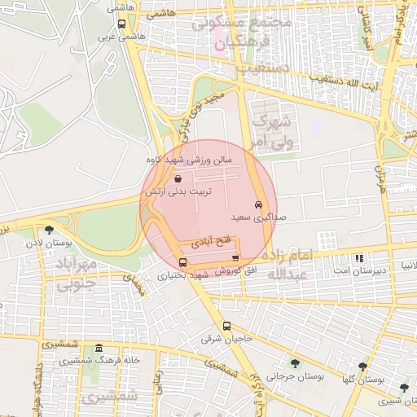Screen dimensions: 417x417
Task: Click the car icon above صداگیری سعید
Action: [258, 205]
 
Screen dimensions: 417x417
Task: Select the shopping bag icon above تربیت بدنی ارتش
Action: [178, 178]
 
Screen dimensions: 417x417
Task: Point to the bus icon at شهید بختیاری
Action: [182, 262]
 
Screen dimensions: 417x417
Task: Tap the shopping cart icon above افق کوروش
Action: [236, 258]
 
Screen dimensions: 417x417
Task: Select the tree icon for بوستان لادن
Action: [50, 230]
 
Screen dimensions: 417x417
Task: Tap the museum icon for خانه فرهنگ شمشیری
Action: [99, 348]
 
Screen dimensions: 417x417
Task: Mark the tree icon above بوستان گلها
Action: [363, 366]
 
